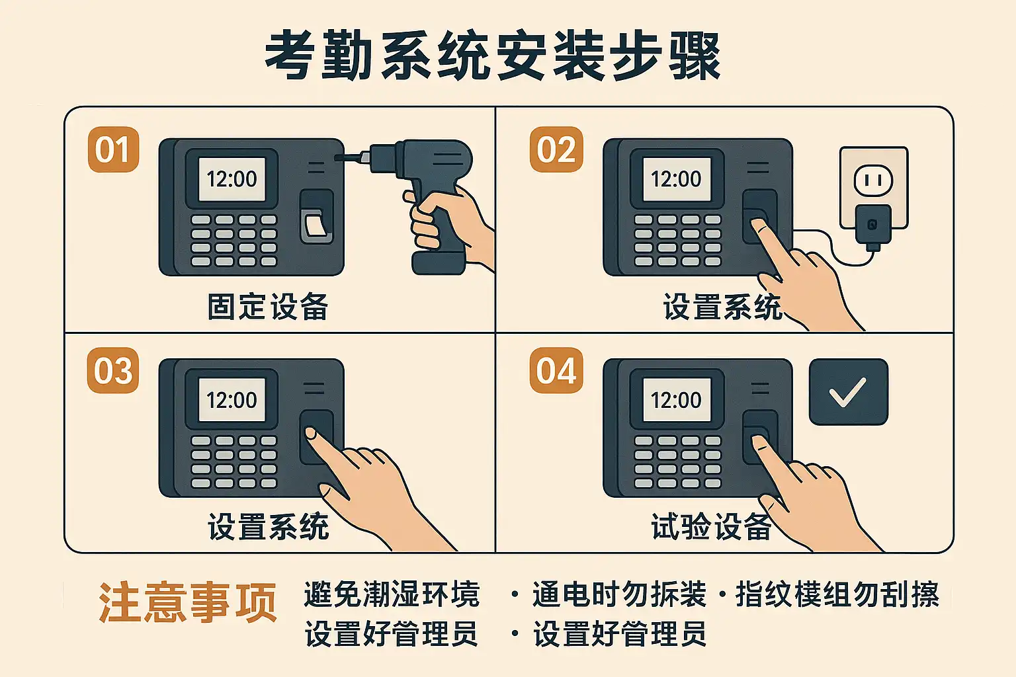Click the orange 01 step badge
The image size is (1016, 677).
113,149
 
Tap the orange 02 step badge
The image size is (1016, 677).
556,149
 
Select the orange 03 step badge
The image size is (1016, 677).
113,370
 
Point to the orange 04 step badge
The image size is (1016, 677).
556,370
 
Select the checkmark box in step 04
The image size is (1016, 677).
849,392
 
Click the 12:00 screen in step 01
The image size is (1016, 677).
232,179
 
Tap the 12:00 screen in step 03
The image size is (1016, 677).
232,400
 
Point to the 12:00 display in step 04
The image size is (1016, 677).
677,400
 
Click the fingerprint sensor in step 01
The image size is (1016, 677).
317,217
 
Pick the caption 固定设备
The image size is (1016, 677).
268,307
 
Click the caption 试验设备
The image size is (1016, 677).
711,527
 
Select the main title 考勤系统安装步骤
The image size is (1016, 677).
493,56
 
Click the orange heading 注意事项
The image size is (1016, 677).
188,603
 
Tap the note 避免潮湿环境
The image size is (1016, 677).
392,594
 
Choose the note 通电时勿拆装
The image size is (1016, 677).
620,594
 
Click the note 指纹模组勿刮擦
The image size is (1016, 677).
837,594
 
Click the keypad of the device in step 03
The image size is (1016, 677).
234,461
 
